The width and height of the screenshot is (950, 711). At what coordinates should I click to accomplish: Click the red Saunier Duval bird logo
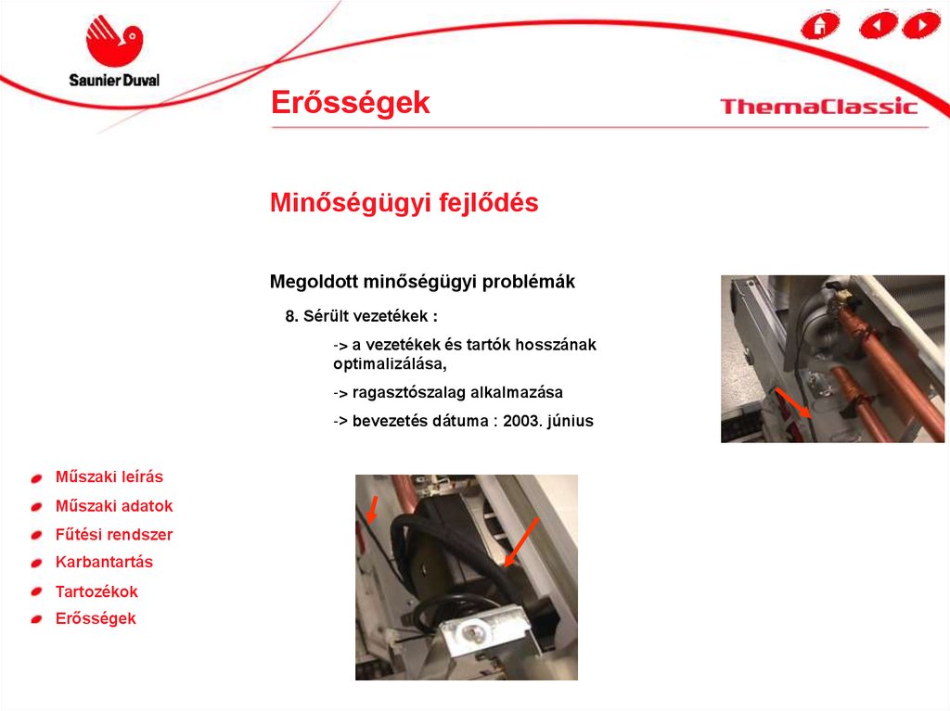tap(114, 41)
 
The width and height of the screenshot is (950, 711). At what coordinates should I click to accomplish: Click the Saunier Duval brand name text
tap(114, 80)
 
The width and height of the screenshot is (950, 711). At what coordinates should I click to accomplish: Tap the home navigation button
tap(820, 25)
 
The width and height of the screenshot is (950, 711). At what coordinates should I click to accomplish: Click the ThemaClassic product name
tap(818, 107)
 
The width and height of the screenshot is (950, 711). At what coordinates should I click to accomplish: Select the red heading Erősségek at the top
tap(350, 102)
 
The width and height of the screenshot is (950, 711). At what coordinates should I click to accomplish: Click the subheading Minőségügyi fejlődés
tap(404, 202)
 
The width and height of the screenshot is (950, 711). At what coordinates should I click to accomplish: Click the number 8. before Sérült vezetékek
tap(292, 316)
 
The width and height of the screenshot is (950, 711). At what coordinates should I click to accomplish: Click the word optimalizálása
tap(390, 364)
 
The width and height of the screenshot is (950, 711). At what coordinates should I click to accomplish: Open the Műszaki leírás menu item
tap(109, 476)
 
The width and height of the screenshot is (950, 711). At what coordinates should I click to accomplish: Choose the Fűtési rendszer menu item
tap(114, 534)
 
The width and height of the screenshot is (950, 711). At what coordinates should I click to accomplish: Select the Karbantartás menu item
tap(104, 562)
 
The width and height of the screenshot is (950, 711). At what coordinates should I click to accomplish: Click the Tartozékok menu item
tap(96, 591)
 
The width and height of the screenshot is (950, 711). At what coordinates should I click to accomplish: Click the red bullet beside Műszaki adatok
tap(37, 507)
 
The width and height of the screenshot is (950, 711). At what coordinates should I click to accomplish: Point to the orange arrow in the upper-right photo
tap(794, 402)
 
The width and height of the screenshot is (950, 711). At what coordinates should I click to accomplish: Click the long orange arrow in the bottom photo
tap(521, 542)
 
